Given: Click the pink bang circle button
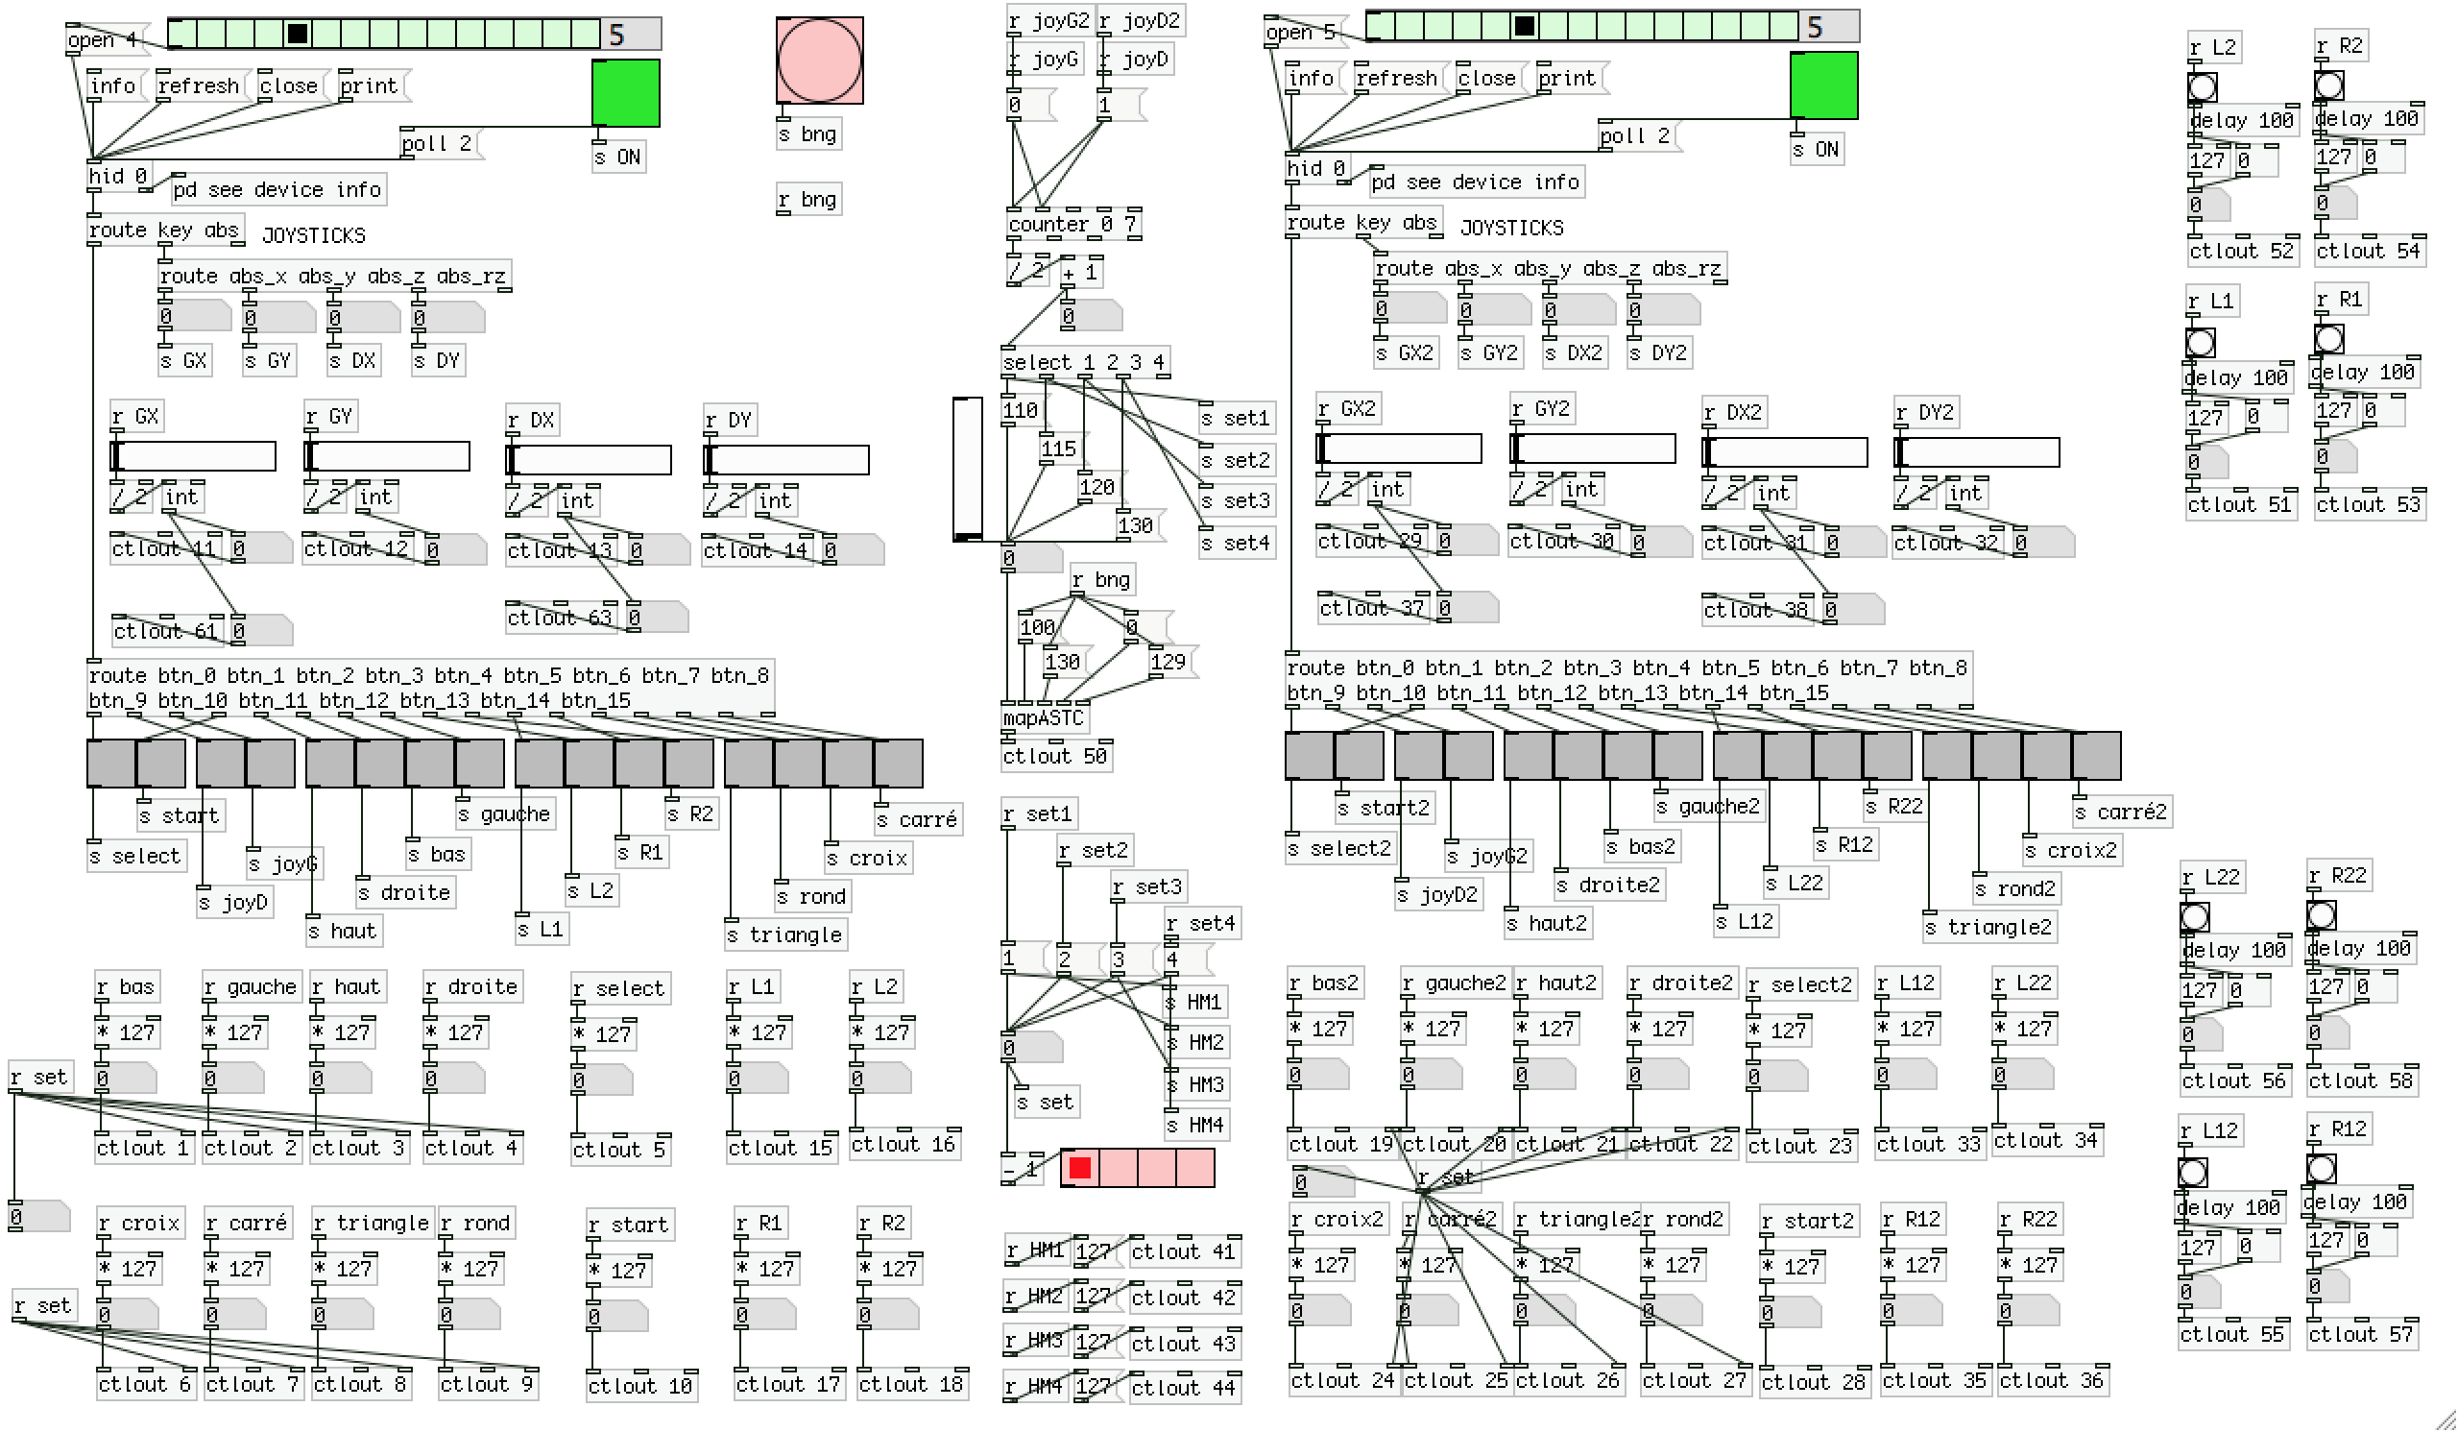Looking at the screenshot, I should [x=819, y=61].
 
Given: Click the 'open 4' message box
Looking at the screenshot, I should [x=104, y=40].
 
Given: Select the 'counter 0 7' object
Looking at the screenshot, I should [x=1072, y=225].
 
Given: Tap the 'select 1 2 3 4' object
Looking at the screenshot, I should [x=1084, y=363].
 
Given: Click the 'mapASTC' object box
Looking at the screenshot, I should [x=1044, y=719].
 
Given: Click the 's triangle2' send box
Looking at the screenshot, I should [x=1989, y=928].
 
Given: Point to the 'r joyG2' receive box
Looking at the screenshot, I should [x=1048, y=21].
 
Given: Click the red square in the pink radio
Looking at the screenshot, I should [x=1080, y=1168].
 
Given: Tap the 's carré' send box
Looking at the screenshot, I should [x=917, y=820].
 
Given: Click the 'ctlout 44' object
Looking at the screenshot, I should [x=1183, y=1388].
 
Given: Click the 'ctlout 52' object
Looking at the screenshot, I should [x=2241, y=252].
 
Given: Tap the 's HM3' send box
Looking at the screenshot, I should [x=1195, y=1084].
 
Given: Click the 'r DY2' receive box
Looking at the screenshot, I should [x=1926, y=413].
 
